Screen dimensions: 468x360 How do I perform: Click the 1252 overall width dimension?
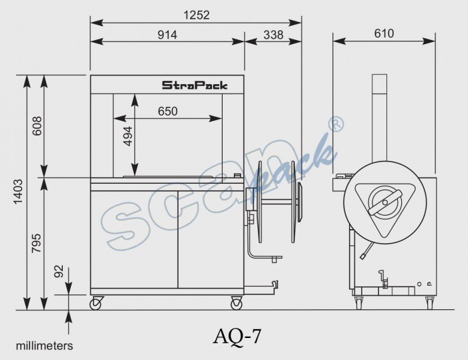(x=197, y=15)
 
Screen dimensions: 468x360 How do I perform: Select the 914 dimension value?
(x=167, y=35)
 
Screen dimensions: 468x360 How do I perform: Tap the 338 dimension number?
(x=273, y=35)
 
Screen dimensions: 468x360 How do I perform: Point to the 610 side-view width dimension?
(x=384, y=33)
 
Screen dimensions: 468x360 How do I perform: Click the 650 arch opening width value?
(x=168, y=112)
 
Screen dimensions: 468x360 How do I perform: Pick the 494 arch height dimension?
(x=128, y=136)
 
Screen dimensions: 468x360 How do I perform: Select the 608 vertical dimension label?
(x=37, y=126)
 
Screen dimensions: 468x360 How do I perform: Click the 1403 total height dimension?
(x=18, y=192)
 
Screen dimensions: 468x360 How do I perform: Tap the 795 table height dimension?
(x=37, y=244)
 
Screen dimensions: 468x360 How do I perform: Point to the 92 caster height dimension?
(x=60, y=271)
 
